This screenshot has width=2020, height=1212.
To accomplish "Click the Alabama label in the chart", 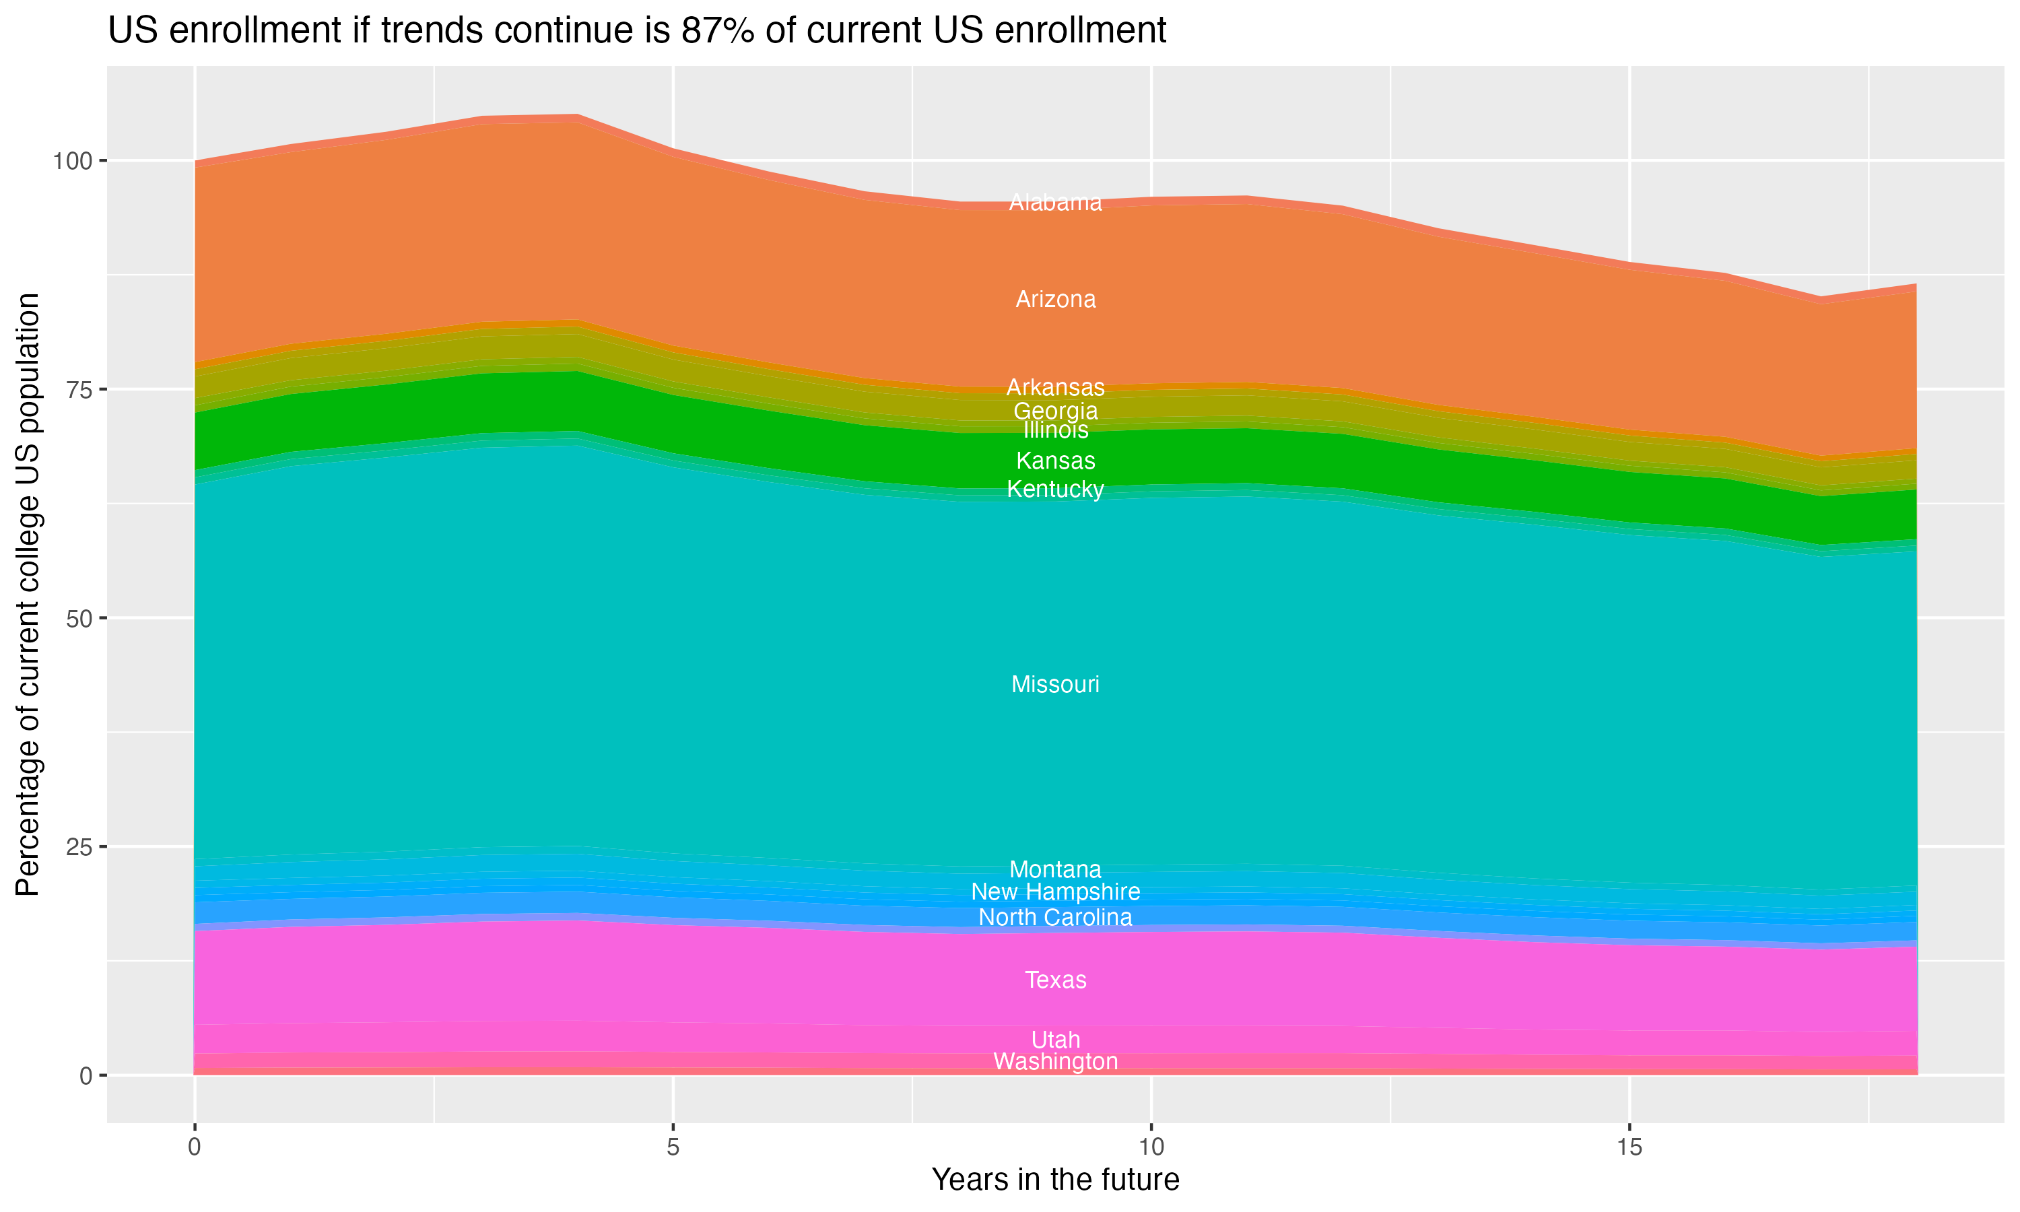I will (1055, 203).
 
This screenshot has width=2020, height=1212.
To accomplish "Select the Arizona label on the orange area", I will (1055, 300).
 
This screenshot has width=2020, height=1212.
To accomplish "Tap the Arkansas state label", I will (1055, 387).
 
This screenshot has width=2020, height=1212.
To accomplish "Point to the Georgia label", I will (1055, 411).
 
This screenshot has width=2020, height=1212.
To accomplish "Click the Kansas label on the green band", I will (1055, 461).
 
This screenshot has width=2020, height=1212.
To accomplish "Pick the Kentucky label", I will (1055, 490).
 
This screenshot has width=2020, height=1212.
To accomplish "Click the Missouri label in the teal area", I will (1055, 684).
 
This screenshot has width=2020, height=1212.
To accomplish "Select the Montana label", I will (1055, 869).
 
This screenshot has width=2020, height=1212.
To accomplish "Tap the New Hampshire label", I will (1055, 892).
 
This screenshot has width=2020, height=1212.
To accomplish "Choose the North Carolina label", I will (1055, 917).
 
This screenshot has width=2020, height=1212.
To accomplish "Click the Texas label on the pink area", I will (1055, 980).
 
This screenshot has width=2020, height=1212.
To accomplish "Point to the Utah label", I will (1055, 1040).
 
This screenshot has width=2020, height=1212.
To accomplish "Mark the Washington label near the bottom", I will (1055, 1062).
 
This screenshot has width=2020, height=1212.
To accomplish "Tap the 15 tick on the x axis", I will (1629, 1147).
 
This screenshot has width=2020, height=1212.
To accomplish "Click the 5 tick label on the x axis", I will (672, 1147).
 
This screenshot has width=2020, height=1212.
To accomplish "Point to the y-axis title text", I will (28, 594).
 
